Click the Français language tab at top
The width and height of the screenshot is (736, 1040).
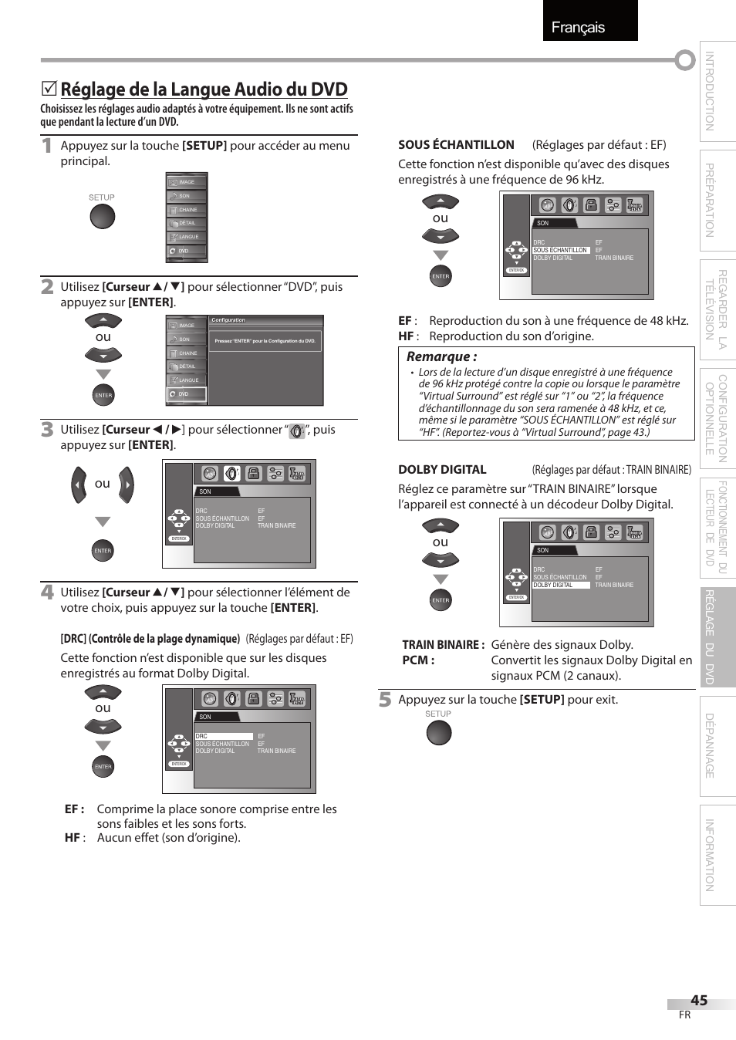click(578, 27)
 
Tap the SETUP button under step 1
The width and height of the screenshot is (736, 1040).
click(102, 217)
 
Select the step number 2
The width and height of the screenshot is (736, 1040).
click(48, 286)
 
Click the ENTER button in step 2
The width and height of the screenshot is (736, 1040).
click(103, 395)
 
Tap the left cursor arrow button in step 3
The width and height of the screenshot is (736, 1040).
click(79, 485)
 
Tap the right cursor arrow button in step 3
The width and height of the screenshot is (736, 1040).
click(127, 485)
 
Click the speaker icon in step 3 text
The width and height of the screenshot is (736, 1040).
click(296, 431)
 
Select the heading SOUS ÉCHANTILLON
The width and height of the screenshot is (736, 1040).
click(456, 144)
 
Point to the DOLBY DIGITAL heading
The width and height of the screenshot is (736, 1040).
click(442, 469)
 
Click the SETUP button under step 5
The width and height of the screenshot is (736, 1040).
click(438, 733)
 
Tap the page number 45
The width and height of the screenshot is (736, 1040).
click(699, 1000)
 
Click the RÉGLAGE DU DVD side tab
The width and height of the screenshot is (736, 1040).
click(710, 636)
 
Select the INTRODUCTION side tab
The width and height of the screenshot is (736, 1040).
click(710, 91)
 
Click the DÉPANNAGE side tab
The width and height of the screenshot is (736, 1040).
click(710, 745)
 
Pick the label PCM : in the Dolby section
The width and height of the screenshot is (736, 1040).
click(418, 660)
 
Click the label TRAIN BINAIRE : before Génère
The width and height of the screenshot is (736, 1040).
click(443, 644)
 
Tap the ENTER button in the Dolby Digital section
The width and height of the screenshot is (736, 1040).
click(441, 600)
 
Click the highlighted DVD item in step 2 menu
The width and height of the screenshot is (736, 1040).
click(187, 394)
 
